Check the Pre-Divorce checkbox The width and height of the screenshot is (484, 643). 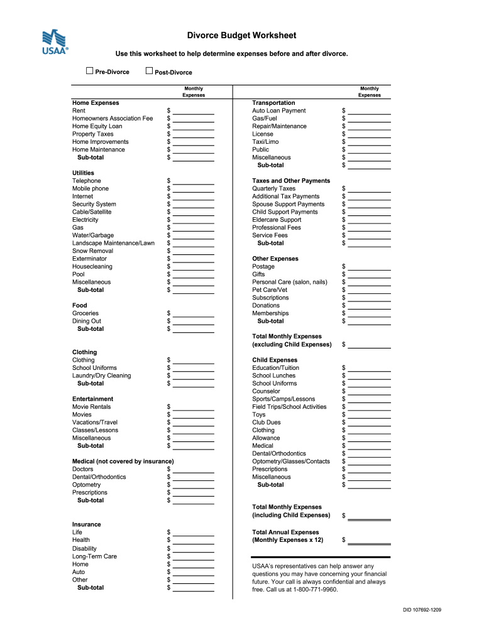[x=89, y=71]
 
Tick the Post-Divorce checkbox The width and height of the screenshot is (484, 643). [x=149, y=71]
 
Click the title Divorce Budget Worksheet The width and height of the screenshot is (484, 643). [x=241, y=36]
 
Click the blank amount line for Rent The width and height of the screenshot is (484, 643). [x=194, y=112]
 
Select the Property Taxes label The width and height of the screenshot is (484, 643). [x=93, y=134]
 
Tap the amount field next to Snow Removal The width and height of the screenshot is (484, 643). [x=194, y=252]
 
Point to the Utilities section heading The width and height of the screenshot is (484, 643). [x=83, y=173]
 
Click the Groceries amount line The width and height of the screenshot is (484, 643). [x=194, y=314]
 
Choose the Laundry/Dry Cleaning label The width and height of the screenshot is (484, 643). [x=102, y=376]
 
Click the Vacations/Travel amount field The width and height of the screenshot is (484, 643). [x=194, y=423]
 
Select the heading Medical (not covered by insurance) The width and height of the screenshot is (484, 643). [x=123, y=462]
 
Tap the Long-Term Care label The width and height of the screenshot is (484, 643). [x=94, y=556]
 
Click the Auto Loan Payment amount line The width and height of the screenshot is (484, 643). [x=370, y=112]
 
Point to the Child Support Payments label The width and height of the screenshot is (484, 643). [x=285, y=212]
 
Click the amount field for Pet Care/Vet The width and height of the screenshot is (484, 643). [x=370, y=291]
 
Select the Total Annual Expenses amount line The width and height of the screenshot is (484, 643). [x=370, y=541]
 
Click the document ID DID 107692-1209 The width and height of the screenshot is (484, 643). [x=422, y=610]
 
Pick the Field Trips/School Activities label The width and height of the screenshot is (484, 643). [x=289, y=407]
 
